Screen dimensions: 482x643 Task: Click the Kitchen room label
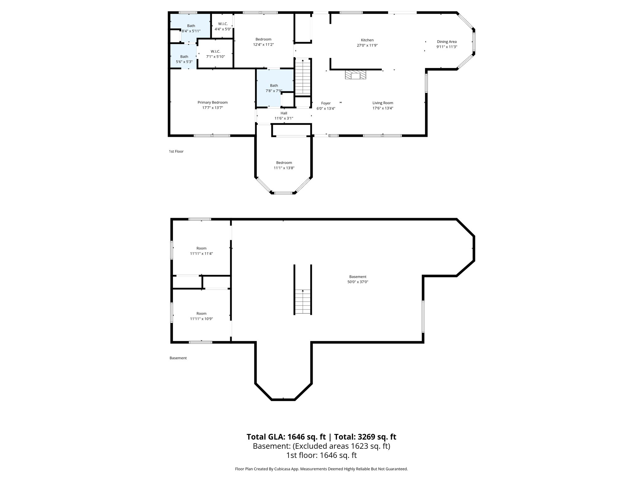[x=367, y=40]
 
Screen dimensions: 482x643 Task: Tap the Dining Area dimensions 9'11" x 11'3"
[x=446, y=47]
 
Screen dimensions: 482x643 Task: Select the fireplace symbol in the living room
[x=356, y=75]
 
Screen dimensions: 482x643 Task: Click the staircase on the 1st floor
[x=303, y=77]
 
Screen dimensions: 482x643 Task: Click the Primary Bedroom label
[x=213, y=102]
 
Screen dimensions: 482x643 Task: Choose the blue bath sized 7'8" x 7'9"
[x=274, y=88]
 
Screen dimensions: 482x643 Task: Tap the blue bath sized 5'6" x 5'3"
[x=184, y=59]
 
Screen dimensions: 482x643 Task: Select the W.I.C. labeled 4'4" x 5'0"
[x=223, y=26]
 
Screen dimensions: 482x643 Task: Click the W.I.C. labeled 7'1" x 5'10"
[x=215, y=54]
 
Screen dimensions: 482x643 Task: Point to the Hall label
[x=284, y=113]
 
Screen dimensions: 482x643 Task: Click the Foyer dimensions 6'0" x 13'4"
[x=326, y=108]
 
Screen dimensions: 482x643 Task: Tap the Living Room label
[x=383, y=103]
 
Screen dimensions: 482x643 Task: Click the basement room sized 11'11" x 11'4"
[x=201, y=251]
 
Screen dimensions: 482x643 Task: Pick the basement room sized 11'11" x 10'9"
[x=201, y=316]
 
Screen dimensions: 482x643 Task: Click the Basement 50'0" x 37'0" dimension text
[x=358, y=282]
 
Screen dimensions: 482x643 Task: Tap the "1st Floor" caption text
[x=176, y=151]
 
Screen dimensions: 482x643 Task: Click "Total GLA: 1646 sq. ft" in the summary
[x=286, y=437]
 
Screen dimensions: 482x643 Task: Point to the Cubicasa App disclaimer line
[x=321, y=469]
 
